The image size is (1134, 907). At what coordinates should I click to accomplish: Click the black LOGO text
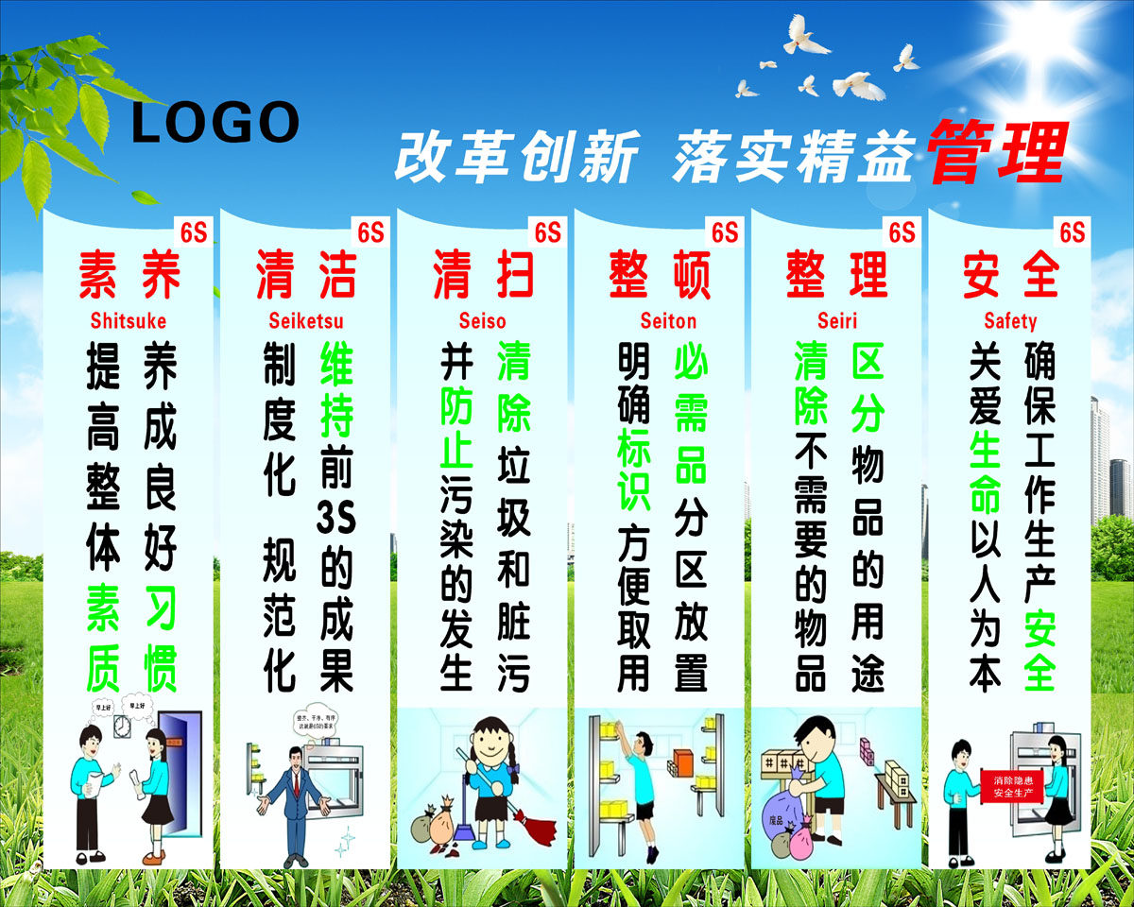[215, 124]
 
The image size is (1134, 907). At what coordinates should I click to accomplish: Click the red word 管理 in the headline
[996, 153]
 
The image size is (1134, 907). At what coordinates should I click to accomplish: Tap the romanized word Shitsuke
[129, 320]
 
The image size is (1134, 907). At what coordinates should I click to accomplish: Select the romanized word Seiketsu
[306, 320]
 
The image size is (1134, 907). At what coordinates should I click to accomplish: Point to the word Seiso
[482, 320]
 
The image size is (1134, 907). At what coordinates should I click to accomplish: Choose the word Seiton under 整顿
[667, 320]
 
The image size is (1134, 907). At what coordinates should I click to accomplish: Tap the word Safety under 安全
[1010, 320]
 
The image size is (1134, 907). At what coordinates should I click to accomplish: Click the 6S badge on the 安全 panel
[1072, 232]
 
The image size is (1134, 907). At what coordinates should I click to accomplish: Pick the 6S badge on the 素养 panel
[193, 232]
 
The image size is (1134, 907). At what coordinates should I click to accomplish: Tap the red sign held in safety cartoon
[1014, 785]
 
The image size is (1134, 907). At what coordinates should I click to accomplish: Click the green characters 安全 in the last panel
[1039, 647]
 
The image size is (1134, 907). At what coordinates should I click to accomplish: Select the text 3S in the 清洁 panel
[335, 519]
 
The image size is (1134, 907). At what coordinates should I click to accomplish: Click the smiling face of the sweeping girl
[490, 739]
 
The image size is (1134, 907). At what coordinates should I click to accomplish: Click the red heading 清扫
[482, 274]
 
